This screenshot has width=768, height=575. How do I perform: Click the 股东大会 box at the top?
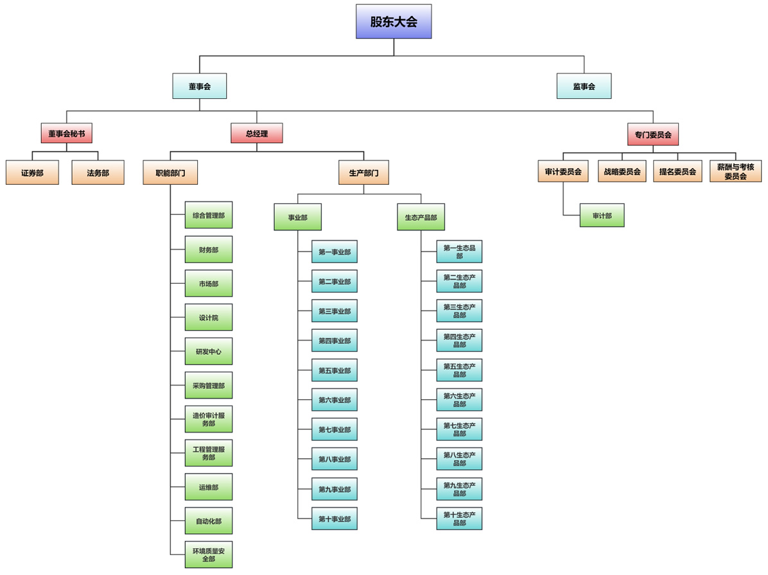point(394,21)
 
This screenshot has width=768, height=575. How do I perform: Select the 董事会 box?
point(199,86)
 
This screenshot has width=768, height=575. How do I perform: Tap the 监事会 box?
point(584,86)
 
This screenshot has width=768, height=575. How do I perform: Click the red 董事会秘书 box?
point(66,133)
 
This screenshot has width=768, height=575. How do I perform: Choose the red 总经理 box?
point(256,133)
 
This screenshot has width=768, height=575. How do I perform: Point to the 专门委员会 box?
point(652,134)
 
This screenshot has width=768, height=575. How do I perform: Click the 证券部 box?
point(32,172)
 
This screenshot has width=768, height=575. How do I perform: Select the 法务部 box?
point(98,172)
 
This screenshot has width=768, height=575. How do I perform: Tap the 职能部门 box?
point(170,172)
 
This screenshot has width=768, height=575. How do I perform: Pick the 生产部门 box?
point(363,172)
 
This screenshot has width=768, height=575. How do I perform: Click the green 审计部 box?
point(602,216)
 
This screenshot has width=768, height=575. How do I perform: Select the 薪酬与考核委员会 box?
point(735,171)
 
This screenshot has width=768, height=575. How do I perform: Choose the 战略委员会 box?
point(622,171)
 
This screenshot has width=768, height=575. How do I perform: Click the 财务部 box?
point(209,250)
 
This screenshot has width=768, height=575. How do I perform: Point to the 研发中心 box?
point(209,352)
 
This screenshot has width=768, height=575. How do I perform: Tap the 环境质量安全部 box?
point(209,554)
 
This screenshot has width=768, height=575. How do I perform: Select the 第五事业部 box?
point(335,370)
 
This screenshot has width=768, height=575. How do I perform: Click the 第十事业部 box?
point(335,519)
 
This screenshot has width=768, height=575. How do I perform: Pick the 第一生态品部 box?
point(459,252)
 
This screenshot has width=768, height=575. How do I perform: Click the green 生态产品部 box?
point(421,218)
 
